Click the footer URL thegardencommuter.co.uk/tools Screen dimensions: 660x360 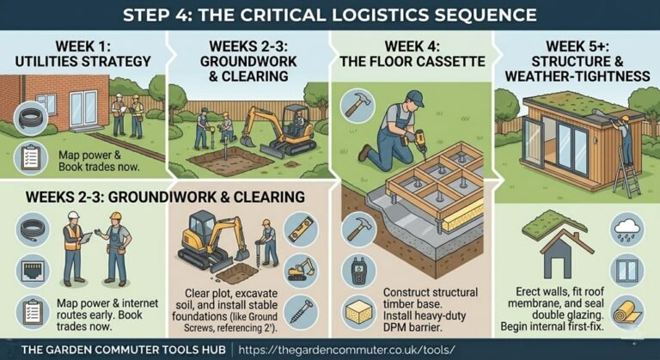(346, 350)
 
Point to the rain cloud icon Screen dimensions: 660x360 (627, 229)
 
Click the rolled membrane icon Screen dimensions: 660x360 (627, 313)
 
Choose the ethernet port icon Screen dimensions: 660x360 (33, 271)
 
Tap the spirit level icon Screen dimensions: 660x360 (301, 229)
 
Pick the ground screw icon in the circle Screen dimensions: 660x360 (301, 312)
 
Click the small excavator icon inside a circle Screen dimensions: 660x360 (301, 271)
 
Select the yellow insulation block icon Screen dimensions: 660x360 (357, 312)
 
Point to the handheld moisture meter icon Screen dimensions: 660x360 (357, 271)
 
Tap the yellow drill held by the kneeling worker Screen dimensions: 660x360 (419, 141)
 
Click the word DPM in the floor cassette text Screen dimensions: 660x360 (394, 327)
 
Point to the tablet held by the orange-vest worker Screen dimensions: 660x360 (85, 238)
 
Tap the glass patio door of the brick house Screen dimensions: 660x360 (83, 108)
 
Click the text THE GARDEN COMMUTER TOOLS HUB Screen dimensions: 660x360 (124, 350)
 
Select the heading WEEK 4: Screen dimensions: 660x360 (412, 46)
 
